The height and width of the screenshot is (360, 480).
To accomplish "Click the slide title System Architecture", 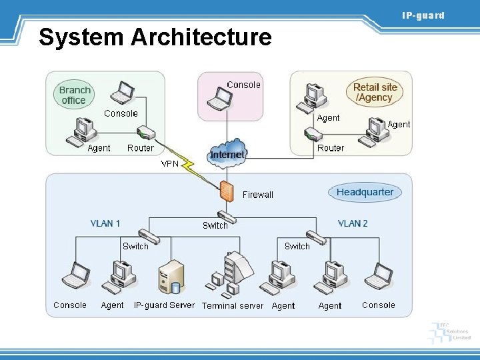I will coord(155,37).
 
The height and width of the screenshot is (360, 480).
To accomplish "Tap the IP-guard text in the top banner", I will coord(422,15).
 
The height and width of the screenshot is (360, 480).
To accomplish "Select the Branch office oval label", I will coord(74,95).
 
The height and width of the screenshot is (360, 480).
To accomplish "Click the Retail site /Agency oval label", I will coord(375,92).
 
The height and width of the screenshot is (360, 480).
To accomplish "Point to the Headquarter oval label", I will coord(365,193).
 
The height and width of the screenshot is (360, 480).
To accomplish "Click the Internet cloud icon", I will coord(227,154).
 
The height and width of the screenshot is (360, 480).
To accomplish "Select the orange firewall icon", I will coord(227,191).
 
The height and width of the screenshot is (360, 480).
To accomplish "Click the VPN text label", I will coord(170,163).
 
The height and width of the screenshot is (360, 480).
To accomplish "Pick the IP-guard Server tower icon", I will coord(170,277).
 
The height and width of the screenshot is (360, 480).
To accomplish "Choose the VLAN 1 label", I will coord(105,223).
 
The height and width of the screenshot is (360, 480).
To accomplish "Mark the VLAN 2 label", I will coord(353,223).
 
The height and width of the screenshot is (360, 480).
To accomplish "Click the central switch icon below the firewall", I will coord(227,217).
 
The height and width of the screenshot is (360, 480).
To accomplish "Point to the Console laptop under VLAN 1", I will coord(75,275).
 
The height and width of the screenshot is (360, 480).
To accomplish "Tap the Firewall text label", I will coord(258,195).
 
